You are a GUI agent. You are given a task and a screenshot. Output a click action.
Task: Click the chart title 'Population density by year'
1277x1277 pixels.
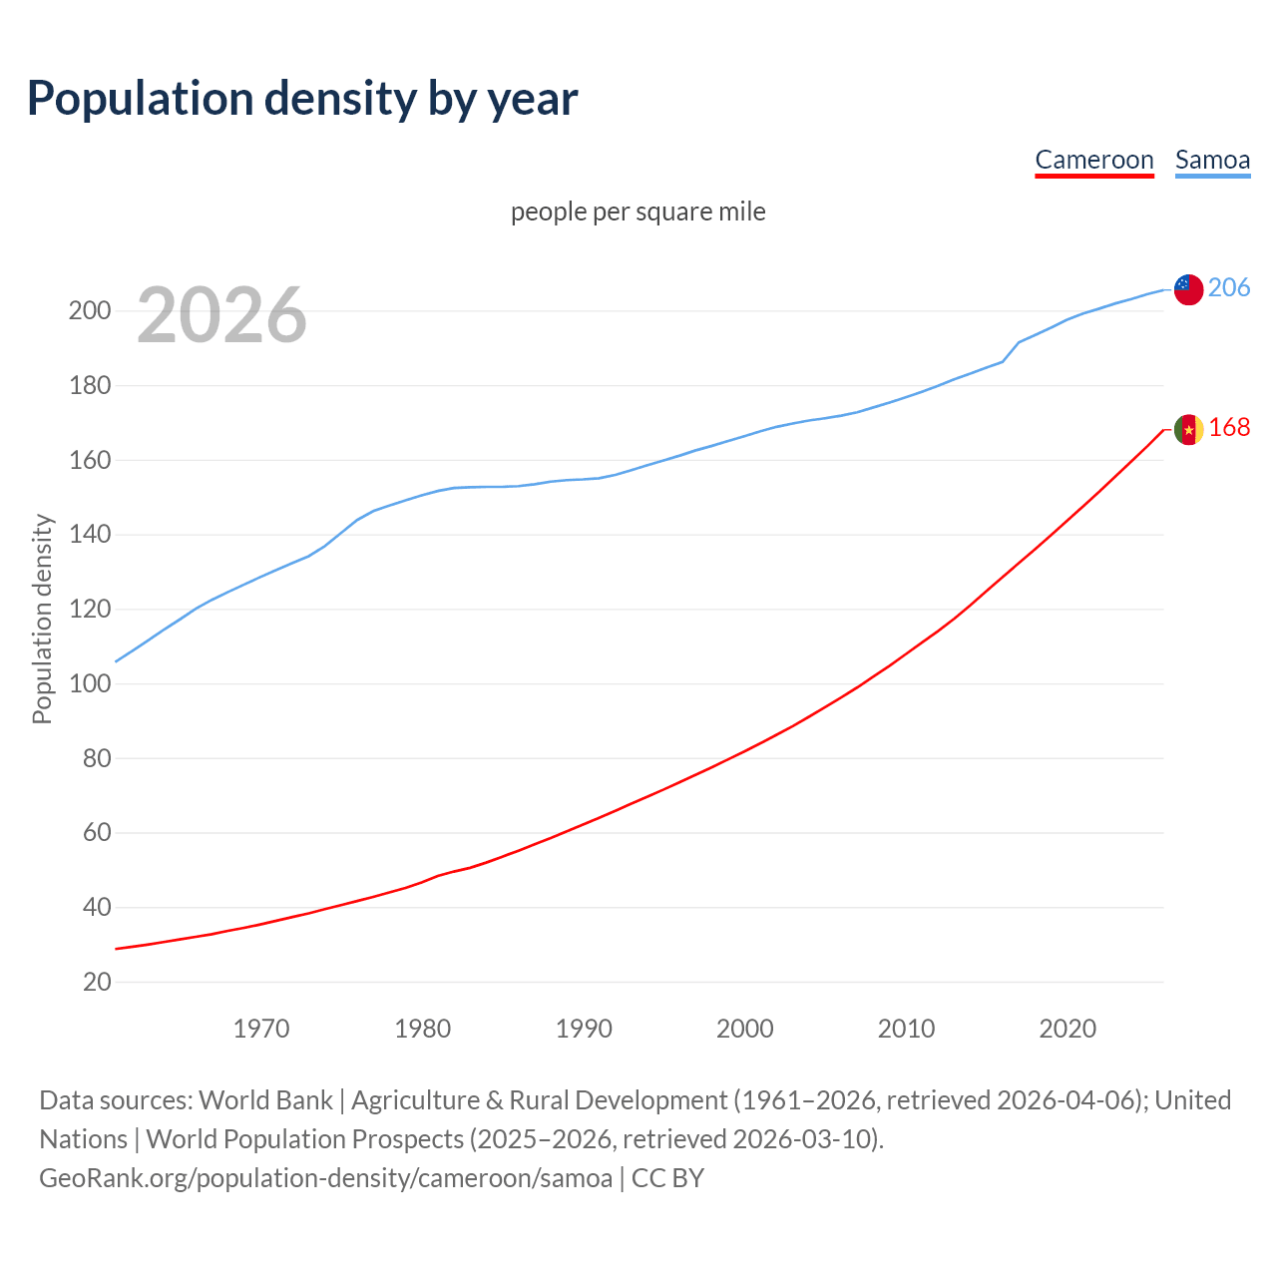pyautogui.click(x=302, y=99)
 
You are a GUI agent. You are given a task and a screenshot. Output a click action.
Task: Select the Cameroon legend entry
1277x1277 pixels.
pyautogui.click(x=1093, y=161)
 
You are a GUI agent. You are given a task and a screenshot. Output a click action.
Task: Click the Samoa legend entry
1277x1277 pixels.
pyautogui.click(x=1212, y=161)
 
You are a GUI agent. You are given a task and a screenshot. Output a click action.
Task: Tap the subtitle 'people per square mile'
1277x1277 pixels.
pyautogui.click(x=638, y=213)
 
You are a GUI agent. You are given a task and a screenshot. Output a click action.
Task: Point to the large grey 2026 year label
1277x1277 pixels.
pyautogui.click(x=221, y=315)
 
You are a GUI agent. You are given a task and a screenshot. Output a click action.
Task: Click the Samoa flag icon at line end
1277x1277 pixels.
pyautogui.click(x=1188, y=289)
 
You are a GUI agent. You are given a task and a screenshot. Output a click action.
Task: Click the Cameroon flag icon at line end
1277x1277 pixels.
pyautogui.click(x=1188, y=429)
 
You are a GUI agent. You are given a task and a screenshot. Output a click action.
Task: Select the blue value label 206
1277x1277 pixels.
pyautogui.click(x=1229, y=288)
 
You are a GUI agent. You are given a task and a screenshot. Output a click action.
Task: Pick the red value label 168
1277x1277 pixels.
pyautogui.click(x=1229, y=428)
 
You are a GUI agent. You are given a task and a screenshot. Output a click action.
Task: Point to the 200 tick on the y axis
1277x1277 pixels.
pyautogui.click(x=90, y=311)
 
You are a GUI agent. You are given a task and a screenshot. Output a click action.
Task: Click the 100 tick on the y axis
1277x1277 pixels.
pyautogui.click(x=90, y=684)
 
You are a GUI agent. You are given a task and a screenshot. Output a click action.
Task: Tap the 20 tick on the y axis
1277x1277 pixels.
pyautogui.click(x=97, y=983)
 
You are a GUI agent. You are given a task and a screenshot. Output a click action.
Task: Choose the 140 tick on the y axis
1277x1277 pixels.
pyautogui.click(x=90, y=535)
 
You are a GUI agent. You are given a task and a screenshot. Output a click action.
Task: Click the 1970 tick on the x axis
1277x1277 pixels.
pyautogui.click(x=261, y=1029)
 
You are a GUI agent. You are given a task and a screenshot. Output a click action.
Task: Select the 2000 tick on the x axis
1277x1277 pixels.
pyautogui.click(x=745, y=1029)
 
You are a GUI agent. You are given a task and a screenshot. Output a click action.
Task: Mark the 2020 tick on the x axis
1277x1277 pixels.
pyautogui.click(x=1067, y=1029)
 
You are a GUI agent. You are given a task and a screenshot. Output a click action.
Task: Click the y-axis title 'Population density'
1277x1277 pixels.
pyautogui.click(x=42, y=619)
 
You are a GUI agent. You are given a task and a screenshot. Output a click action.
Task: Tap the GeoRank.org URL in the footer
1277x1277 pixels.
pyautogui.click(x=325, y=1178)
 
